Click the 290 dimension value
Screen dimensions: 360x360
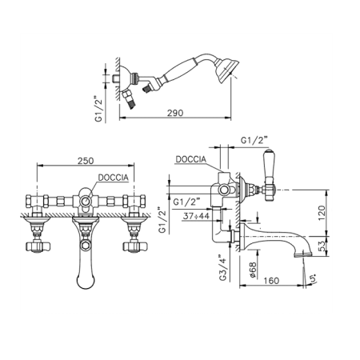[175, 113]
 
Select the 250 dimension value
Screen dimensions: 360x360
[86, 161]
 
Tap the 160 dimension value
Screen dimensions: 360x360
[271, 281]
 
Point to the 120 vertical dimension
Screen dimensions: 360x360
[322, 213]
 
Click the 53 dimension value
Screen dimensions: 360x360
[322, 246]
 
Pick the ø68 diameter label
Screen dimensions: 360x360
[253, 270]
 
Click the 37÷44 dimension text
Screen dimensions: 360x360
[196, 216]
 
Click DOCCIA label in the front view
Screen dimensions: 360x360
[114, 178]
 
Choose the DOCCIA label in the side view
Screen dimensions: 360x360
[191, 159]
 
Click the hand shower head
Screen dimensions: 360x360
[226, 70]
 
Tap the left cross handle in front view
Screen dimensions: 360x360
[38, 246]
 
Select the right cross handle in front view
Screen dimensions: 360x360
[134, 246]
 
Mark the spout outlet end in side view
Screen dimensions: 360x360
[303, 255]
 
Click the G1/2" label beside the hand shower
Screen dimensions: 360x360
[98, 109]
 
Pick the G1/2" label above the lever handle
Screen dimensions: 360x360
[254, 140]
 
